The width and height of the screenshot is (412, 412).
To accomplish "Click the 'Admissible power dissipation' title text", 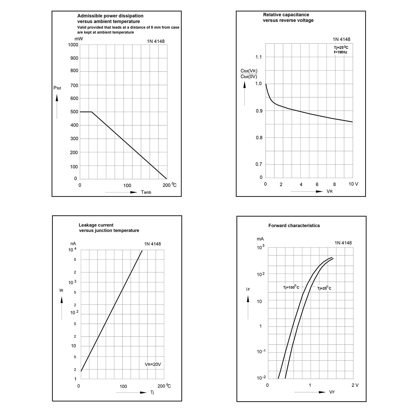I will [110, 16].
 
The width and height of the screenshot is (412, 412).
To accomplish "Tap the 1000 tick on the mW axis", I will [73, 45].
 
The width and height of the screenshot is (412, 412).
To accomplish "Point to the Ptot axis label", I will [57, 88].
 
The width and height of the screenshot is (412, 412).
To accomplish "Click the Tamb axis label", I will [146, 192].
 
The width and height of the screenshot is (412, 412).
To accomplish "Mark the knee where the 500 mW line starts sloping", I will [92, 112].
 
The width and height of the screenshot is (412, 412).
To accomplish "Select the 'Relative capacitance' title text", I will [286, 15].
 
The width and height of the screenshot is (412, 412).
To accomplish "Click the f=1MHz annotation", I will [340, 52].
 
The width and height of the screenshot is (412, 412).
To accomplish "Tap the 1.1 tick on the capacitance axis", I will [258, 57].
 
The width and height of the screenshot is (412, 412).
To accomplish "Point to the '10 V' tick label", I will [353, 184].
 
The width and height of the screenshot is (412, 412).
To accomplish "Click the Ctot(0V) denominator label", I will [249, 77].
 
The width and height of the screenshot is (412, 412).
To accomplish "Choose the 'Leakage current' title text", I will [96, 225].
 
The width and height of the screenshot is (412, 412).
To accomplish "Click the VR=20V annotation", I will [153, 364].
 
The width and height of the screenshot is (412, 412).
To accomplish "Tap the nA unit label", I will [73, 244].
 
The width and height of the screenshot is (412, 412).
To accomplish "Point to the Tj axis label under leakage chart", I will [152, 392].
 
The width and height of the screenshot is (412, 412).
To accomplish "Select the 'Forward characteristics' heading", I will [294, 226].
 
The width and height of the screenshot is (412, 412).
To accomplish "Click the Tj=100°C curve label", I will [291, 287].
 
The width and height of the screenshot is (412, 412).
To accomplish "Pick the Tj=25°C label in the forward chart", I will [324, 288].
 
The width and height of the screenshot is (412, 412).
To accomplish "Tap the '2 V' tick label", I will [355, 385].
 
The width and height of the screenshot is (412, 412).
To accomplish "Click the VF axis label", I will [332, 392].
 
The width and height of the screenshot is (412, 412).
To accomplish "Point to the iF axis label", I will [248, 290].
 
